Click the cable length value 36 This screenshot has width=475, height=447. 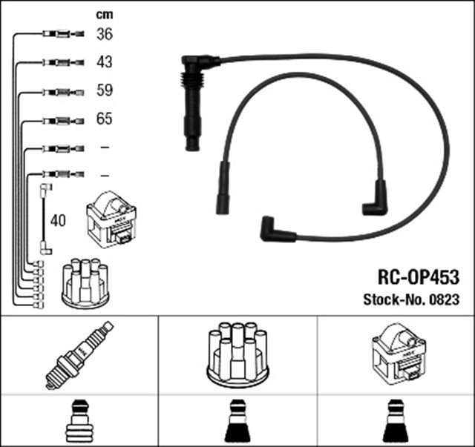tap(105, 33)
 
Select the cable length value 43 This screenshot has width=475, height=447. tap(105, 62)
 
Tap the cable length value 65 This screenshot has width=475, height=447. tap(105, 119)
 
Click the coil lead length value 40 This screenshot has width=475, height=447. tap(59, 220)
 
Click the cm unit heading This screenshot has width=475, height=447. tap(105, 14)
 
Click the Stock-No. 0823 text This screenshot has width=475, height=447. tap(410, 299)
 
